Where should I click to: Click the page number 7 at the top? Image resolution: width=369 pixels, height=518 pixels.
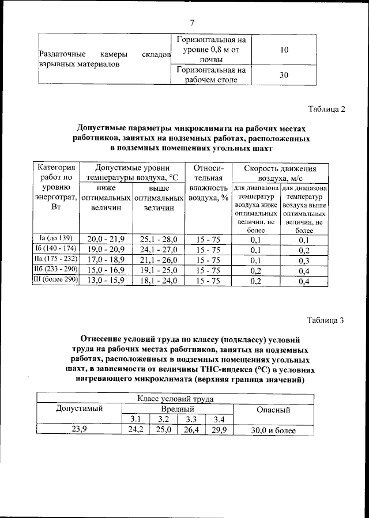[193, 22]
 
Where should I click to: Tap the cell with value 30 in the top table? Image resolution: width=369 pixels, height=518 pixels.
[284, 74]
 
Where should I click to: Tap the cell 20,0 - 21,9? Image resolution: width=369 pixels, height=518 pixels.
[106, 239]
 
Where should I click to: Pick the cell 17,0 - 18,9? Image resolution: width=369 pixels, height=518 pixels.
[106, 260]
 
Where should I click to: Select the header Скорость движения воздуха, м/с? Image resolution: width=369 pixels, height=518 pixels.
[280, 173]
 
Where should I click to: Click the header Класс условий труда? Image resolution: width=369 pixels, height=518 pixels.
[175, 398]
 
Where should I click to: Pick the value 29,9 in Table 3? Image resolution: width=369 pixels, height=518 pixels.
[219, 430]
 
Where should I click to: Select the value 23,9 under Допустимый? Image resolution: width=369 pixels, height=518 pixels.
[79, 429]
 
